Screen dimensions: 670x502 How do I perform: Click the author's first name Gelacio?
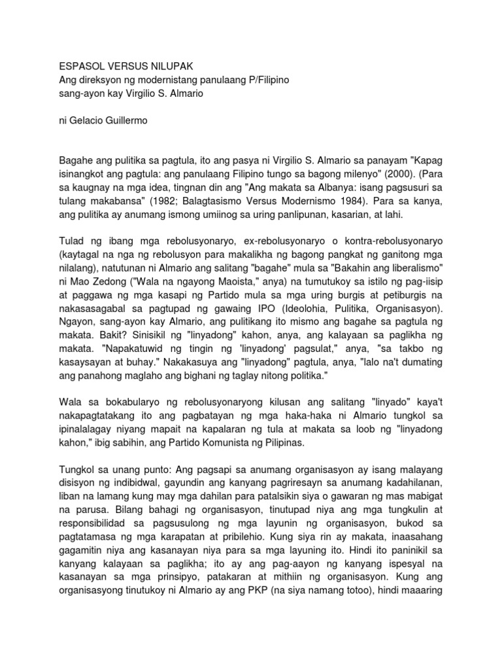[x=93, y=120]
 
